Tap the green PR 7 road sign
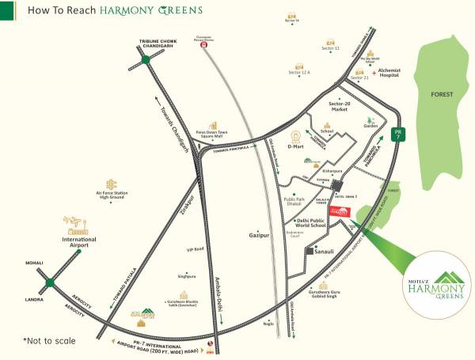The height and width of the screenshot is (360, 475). (x=401, y=135)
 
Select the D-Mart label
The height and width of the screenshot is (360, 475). (x=295, y=146)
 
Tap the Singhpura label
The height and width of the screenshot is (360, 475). (x=187, y=276)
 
